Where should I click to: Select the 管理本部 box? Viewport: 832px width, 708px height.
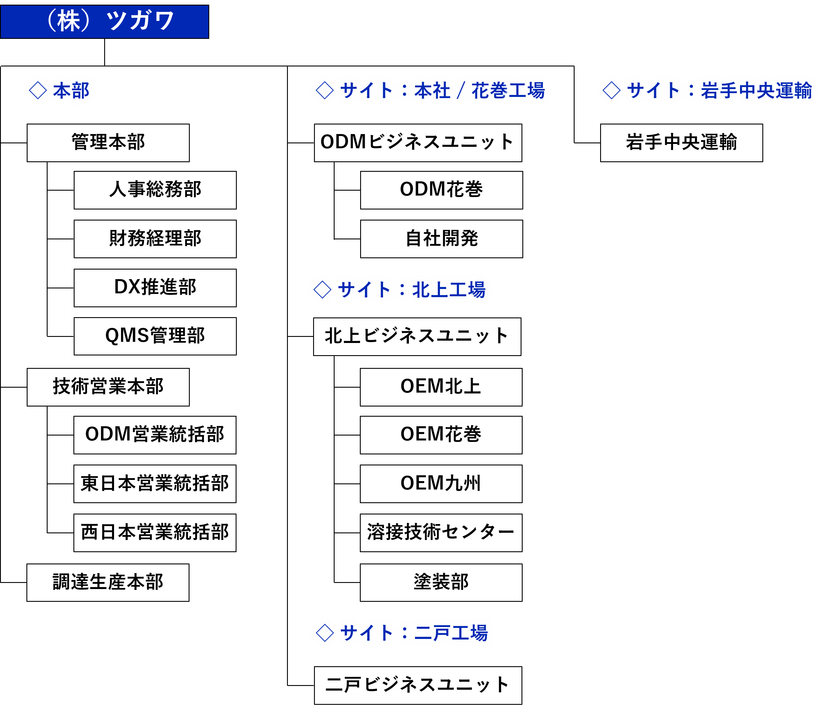coord(108,142)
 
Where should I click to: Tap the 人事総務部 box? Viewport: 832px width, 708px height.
coord(155,190)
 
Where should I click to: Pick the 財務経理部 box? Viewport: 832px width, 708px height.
coord(155,239)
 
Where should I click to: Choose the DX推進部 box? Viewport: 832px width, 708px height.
coord(155,287)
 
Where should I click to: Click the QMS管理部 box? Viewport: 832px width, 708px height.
coord(155,336)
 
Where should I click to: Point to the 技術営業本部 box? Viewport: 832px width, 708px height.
coord(108,387)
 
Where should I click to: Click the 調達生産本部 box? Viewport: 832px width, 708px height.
coord(108,582)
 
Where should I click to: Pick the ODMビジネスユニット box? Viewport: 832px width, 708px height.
coord(418,142)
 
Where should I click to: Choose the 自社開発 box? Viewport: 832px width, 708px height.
coord(441,239)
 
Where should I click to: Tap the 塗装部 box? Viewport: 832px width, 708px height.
coord(441,582)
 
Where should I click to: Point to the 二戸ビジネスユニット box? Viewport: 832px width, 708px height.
coord(418,685)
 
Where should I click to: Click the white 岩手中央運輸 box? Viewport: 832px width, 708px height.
coord(681,142)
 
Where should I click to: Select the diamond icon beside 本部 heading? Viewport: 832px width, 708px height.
coord(38,90)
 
